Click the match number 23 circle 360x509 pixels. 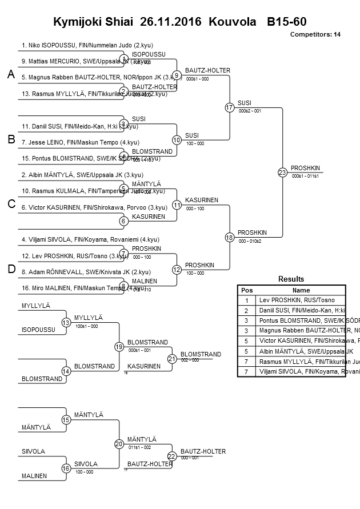(282, 172)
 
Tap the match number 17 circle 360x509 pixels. (230, 107)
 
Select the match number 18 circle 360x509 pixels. (230, 237)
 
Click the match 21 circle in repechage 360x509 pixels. (172, 359)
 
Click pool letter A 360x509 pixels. (10, 75)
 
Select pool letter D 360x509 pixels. (10, 270)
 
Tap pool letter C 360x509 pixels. (10, 205)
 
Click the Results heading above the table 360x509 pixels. (291, 279)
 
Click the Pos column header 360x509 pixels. (246, 290)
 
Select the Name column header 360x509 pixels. (301, 290)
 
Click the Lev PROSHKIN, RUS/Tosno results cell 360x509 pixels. (297, 300)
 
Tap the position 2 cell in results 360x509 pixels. (246, 310)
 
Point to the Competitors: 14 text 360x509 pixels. (315, 35)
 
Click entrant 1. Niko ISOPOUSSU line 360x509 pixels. (87, 45)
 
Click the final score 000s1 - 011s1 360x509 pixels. (305, 177)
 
